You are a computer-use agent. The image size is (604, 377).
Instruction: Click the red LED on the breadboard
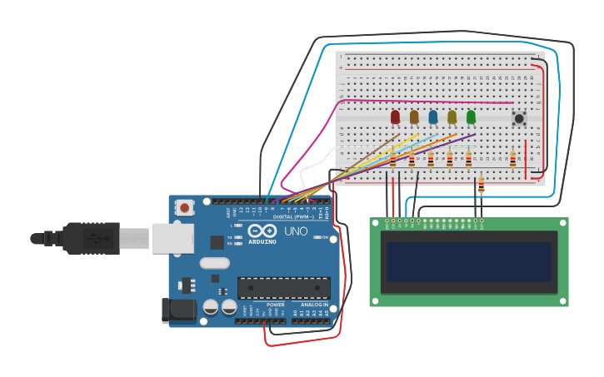coord(395,117)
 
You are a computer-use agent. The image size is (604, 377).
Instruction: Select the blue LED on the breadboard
coord(433,117)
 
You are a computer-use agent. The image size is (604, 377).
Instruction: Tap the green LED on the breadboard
coord(472,117)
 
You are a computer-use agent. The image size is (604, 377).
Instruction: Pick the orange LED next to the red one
coord(414,117)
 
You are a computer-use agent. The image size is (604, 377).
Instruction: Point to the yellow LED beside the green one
coord(452,117)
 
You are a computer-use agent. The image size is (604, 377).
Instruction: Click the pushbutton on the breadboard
coord(519,118)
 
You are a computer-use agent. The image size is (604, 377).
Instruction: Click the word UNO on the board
coord(297,231)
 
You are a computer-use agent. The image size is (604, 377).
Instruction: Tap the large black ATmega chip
coord(283,288)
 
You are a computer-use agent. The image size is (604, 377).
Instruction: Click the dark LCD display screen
coord(469,262)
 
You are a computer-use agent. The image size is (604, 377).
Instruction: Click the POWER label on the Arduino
coord(276,305)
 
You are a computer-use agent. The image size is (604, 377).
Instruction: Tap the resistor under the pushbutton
coord(512,158)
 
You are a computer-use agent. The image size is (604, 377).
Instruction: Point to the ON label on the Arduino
coord(323,237)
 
